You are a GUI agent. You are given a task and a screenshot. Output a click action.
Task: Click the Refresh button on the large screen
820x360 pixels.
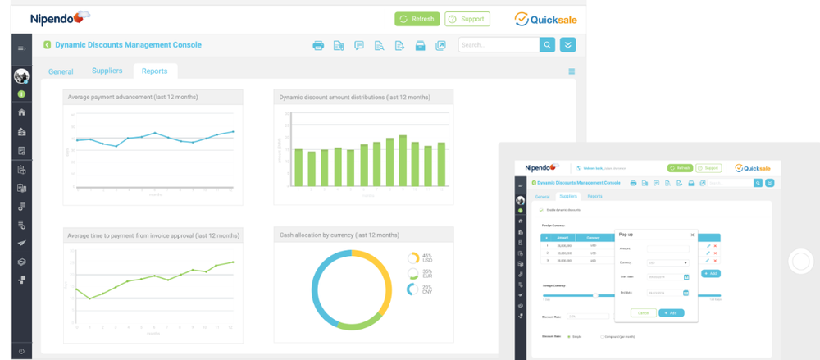point(417,19)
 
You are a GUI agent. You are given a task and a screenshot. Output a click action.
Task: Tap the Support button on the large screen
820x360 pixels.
point(467,19)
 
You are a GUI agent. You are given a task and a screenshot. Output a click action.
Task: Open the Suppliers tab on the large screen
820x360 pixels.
point(107,71)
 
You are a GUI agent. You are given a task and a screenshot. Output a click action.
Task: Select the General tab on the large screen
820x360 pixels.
point(61,72)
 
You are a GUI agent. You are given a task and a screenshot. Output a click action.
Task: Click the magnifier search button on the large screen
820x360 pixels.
point(548,45)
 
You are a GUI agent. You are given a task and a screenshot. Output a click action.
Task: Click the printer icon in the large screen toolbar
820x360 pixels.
point(318,46)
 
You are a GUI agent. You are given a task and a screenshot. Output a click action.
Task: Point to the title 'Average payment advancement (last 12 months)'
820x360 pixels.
point(133,97)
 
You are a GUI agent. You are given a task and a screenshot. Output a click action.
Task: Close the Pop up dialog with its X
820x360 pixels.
point(691,235)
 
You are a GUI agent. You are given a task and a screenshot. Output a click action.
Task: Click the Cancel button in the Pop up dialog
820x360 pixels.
point(643,312)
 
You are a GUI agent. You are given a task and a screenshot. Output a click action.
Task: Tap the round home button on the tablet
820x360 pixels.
point(799,262)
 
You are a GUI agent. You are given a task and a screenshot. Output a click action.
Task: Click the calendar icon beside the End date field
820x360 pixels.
point(686,292)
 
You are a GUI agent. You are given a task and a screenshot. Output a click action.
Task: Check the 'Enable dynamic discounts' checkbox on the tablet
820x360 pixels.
point(541,211)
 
